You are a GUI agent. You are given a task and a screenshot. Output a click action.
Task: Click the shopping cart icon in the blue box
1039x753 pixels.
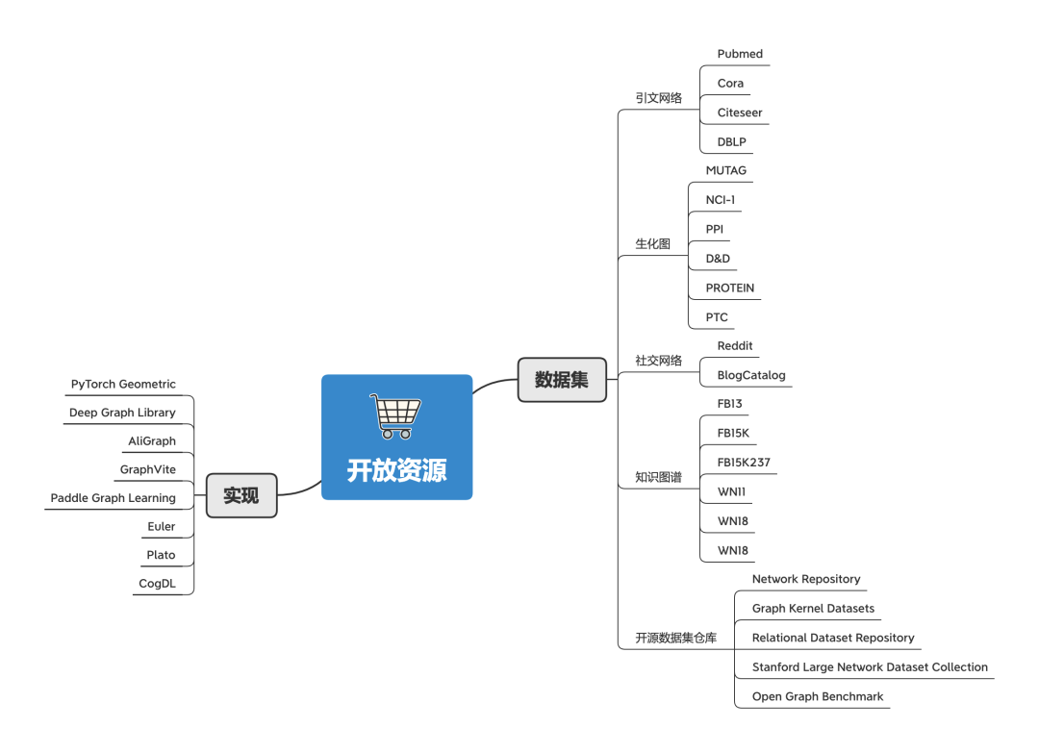pyautogui.click(x=395, y=415)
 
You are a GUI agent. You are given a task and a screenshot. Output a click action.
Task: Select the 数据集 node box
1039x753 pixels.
pyautogui.click(x=562, y=380)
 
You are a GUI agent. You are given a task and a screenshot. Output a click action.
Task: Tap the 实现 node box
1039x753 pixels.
pyautogui.click(x=241, y=495)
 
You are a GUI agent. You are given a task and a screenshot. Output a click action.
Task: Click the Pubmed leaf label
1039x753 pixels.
pyautogui.click(x=740, y=54)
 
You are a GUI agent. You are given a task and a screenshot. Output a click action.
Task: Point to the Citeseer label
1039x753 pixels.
pyautogui.click(x=740, y=113)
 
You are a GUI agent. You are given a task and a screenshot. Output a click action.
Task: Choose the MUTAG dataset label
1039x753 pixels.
pyautogui.click(x=725, y=170)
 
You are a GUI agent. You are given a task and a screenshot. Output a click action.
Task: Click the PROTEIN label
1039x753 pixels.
pyautogui.click(x=729, y=289)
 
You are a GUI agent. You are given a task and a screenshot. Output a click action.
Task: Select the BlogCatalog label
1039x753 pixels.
pyautogui.click(x=750, y=375)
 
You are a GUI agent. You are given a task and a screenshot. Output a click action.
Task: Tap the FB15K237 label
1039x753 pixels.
pyautogui.click(x=744, y=463)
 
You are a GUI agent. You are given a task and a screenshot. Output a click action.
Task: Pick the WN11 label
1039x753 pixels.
pyautogui.click(x=731, y=491)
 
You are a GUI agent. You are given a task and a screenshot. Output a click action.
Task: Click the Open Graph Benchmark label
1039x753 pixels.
pyautogui.click(x=817, y=696)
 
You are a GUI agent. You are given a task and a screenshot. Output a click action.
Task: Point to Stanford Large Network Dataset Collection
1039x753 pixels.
pyautogui.click(x=870, y=666)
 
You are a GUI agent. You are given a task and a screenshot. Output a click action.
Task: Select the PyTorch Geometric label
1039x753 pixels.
pyautogui.click(x=123, y=384)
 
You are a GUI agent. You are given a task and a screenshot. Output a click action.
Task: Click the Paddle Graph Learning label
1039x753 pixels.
pyautogui.click(x=114, y=498)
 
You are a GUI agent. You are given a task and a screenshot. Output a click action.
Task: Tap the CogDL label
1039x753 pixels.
pyautogui.click(x=157, y=584)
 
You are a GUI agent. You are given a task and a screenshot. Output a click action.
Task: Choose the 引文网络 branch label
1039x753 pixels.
pyautogui.click(x=659, y=98)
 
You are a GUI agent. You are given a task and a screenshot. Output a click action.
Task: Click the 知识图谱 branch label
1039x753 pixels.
pyautogui.click(x=659, y=477)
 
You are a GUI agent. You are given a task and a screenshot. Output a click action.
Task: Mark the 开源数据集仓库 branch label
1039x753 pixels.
pyautogui.click(x=676, y=638)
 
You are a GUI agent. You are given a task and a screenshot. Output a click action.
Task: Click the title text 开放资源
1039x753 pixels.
pyautogui.click(x=397, y=470)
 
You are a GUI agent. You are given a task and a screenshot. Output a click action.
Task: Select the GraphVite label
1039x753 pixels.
pyautogui.click(x=148, y=469)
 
